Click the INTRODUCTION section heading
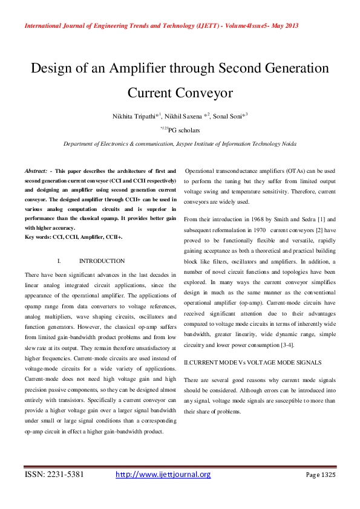(x=102, y=261)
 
